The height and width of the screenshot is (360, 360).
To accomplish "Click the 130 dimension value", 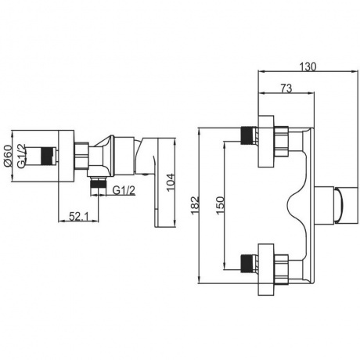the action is [308, 67].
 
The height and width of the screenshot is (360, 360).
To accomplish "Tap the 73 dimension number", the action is [286, 88].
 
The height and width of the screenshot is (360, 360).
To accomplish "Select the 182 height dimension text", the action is [195, 205].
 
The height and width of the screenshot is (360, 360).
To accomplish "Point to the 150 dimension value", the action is [220, 205].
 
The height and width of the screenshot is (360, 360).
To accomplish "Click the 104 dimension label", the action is [171, 182].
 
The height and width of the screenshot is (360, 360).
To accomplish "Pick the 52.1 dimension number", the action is [79, 216].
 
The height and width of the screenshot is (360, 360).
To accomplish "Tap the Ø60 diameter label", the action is [8, 156].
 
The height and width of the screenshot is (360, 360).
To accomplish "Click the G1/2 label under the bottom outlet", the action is [124, 191].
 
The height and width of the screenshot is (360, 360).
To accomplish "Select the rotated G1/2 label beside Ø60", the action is [21, 156].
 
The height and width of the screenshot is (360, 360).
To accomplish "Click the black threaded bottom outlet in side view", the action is [99, 182].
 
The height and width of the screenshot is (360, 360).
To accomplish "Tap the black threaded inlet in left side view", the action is [49, 156].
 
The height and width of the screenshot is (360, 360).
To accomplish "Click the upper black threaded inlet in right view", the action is [248, 135].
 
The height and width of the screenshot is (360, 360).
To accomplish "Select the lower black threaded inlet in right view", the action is [248, 264].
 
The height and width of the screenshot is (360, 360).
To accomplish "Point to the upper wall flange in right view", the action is [266, 141].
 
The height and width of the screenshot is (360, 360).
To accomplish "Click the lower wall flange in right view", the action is [266, 269].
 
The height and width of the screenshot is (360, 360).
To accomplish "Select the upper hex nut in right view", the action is [281, 142].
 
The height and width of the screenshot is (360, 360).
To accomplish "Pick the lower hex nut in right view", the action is [281, 269].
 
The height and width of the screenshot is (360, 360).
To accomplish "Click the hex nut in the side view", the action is [81, 156].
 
